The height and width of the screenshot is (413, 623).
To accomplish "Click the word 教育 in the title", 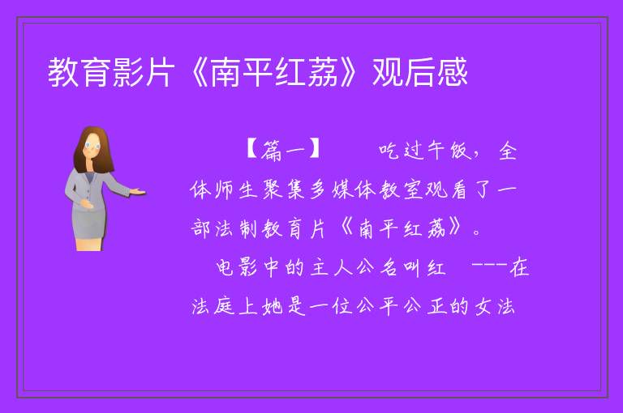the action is (x=79, y=72).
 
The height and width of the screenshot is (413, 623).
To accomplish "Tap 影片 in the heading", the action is (x=144, y=72).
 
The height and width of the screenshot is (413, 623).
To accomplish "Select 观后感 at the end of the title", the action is (x=420, y=72).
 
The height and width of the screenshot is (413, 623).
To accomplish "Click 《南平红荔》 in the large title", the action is (x=273, y=72).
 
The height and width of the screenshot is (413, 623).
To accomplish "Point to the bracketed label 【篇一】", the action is (x=283, y=151).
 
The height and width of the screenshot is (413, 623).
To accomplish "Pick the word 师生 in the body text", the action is (x=235, y=189).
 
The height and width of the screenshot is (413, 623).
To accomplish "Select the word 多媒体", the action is (x=342, y=189).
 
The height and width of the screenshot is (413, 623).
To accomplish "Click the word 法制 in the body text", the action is (x=236, y=228).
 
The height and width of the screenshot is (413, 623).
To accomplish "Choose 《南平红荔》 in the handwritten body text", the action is (x=402, y=228).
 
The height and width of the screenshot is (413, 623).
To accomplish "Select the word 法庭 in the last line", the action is (x=213, y=306).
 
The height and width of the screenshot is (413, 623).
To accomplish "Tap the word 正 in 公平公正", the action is (x=438, y=306).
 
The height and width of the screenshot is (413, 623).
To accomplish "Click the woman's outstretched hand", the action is (x=138, y=192).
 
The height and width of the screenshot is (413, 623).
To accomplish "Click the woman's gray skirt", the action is (x=88, y=224).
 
